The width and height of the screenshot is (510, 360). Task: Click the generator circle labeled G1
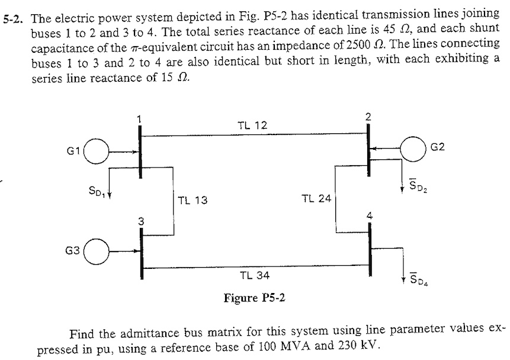point(100,153)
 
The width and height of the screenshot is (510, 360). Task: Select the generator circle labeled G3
point(100,252)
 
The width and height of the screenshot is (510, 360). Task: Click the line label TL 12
point(252,126)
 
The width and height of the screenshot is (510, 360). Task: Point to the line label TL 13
point(193,201)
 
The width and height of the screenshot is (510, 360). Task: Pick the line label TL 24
point(316,198)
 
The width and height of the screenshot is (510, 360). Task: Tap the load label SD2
point(419,188)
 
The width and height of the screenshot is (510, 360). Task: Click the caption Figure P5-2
point(254,297)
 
